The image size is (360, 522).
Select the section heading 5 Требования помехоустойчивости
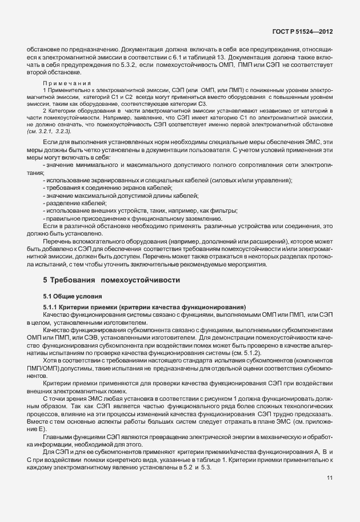[111, 280]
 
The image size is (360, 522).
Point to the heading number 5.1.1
[53, 307]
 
